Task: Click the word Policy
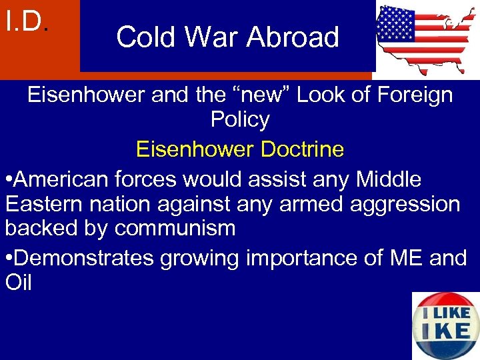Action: [240, 120]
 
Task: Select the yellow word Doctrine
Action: [302, 149]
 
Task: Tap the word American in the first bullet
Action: [63, 179]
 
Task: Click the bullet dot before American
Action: [8, 179]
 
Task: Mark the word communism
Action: [175, 229]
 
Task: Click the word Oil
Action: [18, 283]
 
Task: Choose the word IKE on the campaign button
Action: [445, 331]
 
